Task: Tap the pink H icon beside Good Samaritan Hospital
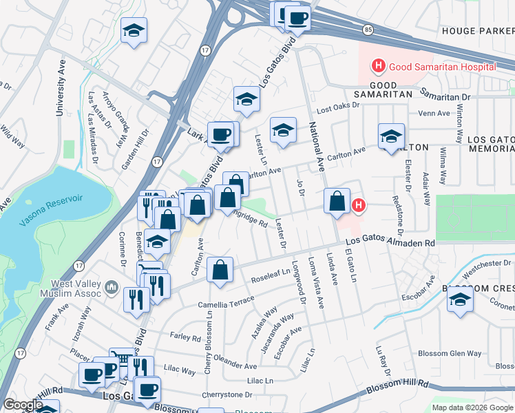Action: tap(378, 66)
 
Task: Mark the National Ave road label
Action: tap(317, 146)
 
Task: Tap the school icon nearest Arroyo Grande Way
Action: tap(134, 30)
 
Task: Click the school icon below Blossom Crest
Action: tap(460, 302)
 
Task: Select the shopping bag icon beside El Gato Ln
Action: tap(337, 202)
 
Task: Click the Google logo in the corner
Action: tap(23, 405)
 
